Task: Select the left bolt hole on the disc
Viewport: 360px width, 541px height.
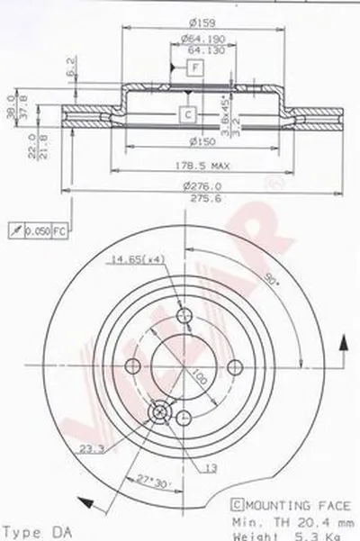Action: pyautogui.click(x=134, y=365)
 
